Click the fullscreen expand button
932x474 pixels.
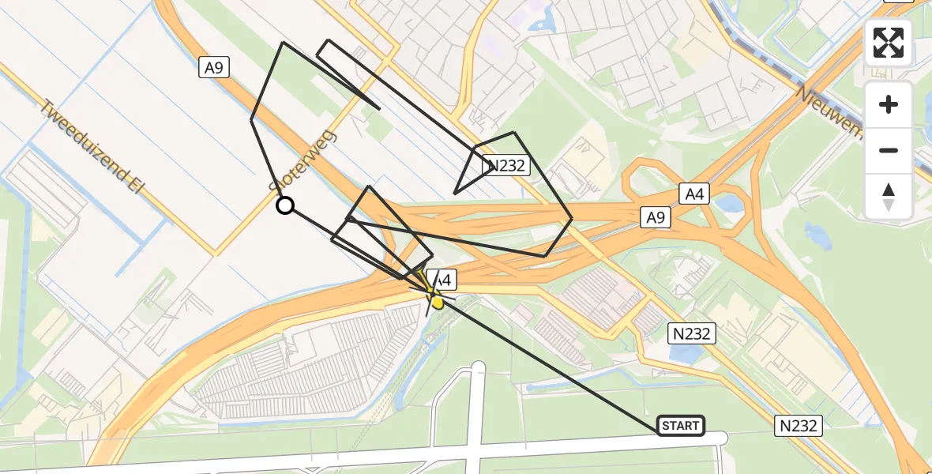pos(889,43)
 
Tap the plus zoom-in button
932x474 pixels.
pos(889,104)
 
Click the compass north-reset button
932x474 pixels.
pos(889,197)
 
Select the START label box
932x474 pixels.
pos(680,426)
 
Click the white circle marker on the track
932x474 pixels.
pos(285,205)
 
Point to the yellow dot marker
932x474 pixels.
pos(437,301)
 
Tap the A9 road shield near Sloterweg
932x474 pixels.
pos(214,68)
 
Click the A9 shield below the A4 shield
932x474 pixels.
pos(656,218)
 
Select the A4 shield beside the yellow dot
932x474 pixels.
pos(442,279)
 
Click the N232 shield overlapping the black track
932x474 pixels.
pos(506,166)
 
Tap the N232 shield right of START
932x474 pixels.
pos(798,426)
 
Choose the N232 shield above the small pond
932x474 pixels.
pos(693,333)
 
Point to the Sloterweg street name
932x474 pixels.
pos(303,161)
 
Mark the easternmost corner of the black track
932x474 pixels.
pos(571,218)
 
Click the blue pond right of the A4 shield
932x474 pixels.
pos(731,203)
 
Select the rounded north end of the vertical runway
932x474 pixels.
pos(477,367)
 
